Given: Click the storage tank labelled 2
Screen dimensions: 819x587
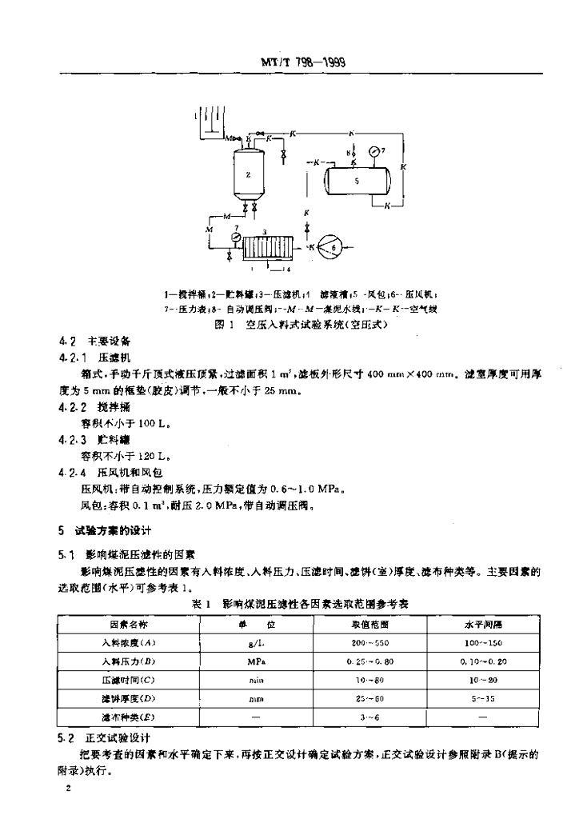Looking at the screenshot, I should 249,174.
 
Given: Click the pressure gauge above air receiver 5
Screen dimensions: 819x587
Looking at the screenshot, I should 373,150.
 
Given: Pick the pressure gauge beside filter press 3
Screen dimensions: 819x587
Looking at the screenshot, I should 235,238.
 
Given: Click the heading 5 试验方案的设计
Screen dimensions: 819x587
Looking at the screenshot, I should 104,530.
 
